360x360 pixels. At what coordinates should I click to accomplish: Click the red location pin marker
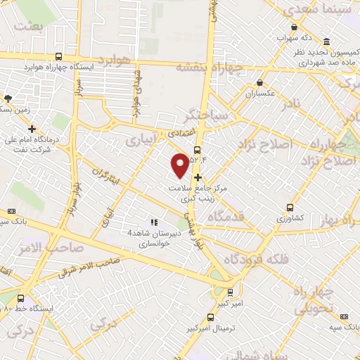(x=181, y=164)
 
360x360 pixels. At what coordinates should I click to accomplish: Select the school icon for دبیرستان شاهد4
(x=153, y=223)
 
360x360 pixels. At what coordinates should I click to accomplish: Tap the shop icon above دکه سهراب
(x=289, y=26)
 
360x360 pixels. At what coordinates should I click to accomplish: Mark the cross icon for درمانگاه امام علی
(x=32, y=128)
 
